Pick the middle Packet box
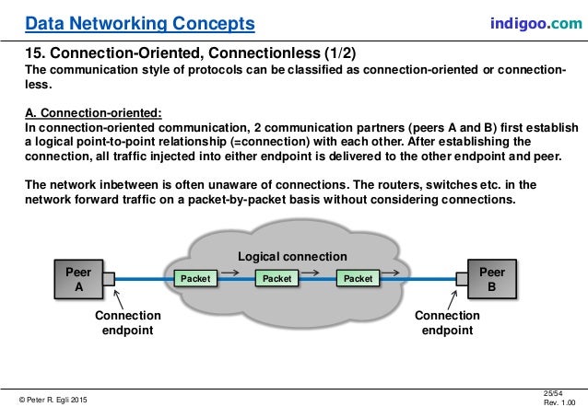pyautogui.click(x=276, y=278)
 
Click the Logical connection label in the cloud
pyautogui.click(x=292, y=256)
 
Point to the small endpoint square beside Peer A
pyautogui.click(x=109, y=278)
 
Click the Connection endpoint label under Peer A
pyautogui.click(x=128, y=323)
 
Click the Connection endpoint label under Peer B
pyautogui.click(x=446, y=323)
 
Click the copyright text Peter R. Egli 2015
pyautogui.click(x=53, y=398)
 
